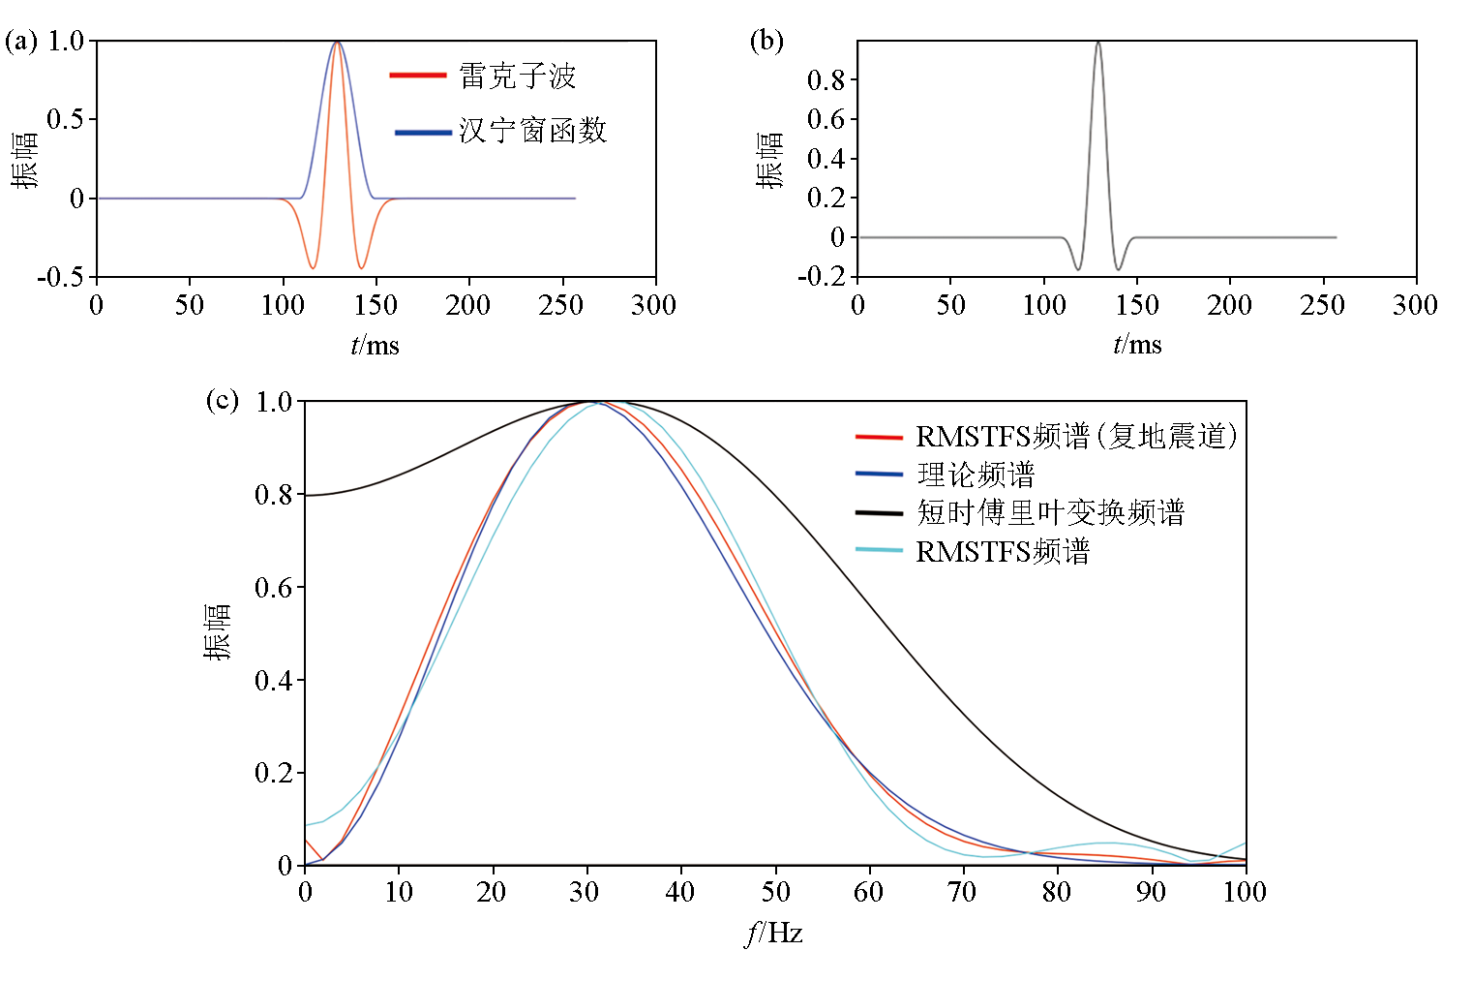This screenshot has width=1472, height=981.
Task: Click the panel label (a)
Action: point(21,41)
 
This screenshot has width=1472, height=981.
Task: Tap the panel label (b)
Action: point(766,41)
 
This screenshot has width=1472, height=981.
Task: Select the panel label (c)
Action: point(222,400)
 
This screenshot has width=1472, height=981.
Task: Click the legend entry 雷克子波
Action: point(517,76)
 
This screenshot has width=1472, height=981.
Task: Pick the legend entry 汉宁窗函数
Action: point(532,131)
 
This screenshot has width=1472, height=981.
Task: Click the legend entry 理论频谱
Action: point(975,475)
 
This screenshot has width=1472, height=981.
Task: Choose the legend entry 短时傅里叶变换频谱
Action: point(1050,512)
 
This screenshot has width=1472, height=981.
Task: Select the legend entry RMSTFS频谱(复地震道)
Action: point(1076,437)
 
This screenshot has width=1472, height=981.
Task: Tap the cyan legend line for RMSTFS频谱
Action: point(879,550)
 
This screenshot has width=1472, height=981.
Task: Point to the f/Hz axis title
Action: point(774,933)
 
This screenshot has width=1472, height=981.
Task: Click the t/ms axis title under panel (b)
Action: point(1137,345)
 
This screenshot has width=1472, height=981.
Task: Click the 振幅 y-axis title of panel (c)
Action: point(218,631)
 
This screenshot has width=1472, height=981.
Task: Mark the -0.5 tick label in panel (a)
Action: point(60,278)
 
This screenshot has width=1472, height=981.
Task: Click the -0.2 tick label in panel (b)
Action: point(821,278)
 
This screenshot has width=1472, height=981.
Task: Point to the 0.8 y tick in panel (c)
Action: point(273,495)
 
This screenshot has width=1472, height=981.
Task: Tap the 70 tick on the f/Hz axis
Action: point(961,892)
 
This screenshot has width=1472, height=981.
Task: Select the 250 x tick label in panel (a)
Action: point(560,305)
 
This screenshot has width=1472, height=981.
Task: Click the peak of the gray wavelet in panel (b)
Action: point(1097,43)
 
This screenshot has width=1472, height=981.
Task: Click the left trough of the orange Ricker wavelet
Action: point(312,268)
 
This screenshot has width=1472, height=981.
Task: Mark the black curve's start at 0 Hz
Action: point(306,495)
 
